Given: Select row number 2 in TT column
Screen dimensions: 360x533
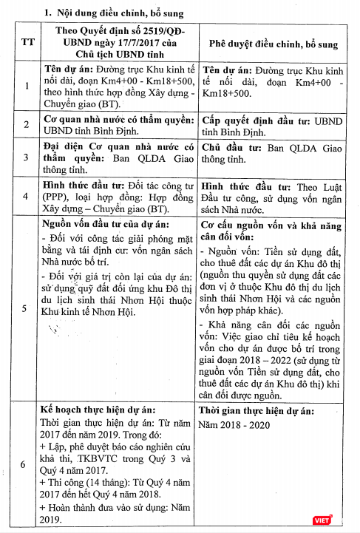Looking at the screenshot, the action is pyautogui.click(x=27, y=124).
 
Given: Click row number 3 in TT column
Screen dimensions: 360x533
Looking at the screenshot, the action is pyautogui.click(x=27, y=157).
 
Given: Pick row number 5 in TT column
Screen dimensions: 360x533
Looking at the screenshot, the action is pyautogui.click(x=27, y=308).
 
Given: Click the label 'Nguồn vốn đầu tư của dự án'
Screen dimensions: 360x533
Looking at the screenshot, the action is pyautogui.click(x=103, y=223).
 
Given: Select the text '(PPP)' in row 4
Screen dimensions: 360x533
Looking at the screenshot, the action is pyautogui.click(x=55, y=198).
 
